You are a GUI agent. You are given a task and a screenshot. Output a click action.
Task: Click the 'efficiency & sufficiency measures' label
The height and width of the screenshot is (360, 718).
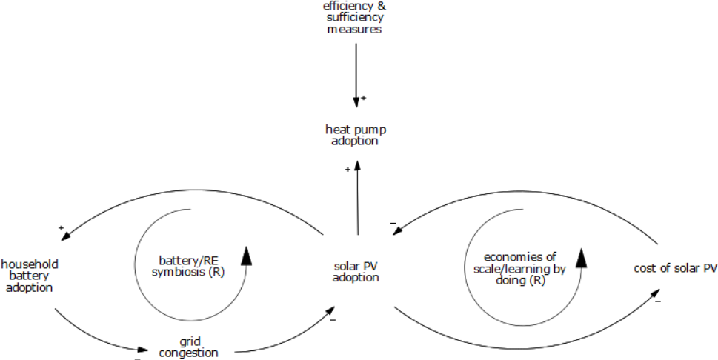coord(355,18)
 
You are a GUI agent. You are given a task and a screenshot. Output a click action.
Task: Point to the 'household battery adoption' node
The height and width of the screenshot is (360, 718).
coord(30,276)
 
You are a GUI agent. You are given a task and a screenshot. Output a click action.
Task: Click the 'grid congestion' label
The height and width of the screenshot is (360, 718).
coord(189,347)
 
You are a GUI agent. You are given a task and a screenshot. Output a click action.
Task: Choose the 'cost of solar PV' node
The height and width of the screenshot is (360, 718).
coord(675,268)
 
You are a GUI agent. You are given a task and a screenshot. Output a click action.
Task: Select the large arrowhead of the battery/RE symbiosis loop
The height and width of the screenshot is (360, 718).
coord(247,256)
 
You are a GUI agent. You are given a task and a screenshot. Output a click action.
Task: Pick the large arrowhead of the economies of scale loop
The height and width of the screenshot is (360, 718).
coord(582,257)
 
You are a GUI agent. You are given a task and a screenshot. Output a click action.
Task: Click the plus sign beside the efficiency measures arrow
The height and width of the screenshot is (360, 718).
coord(363,98)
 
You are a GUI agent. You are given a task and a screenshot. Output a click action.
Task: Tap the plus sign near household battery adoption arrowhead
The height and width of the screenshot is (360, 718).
coord(62,227)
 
